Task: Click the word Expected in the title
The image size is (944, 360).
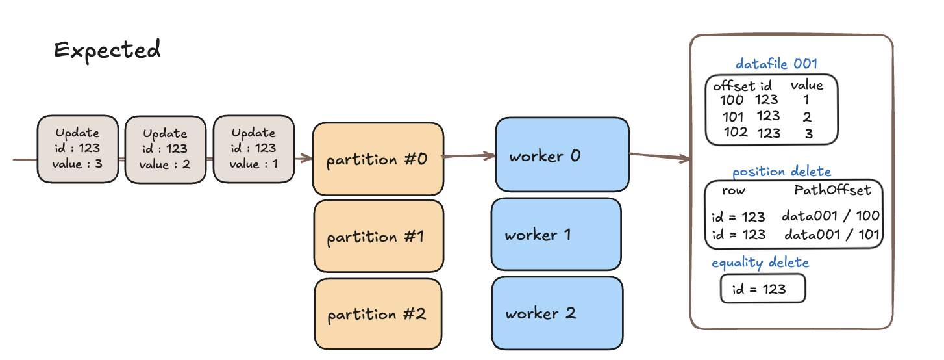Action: coord(108,50)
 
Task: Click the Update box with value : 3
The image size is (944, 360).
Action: coord(77,149)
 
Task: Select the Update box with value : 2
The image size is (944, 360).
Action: coord(165,149)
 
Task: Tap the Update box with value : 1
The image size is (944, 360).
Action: coord(254,149)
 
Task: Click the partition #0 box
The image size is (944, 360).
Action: coord(378,159)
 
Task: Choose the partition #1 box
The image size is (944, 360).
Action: coord(379,236)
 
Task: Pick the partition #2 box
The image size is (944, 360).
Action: coord(378,314)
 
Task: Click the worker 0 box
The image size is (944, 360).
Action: coord(562,155)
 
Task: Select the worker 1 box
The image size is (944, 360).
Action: coord(556,234)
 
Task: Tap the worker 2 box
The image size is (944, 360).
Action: coord(557,313)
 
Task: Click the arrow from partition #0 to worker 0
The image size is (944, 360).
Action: coord(469,156)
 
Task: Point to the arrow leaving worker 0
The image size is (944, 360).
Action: coord(660,157)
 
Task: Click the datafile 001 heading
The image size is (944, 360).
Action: coord(776,64)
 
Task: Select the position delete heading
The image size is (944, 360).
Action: coord(781,172)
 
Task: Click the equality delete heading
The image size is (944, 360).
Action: coord(760,263)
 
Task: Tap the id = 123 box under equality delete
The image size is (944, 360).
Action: coord(763,289)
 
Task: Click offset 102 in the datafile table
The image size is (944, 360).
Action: coord(736,133)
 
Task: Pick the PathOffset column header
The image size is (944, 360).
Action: coord(832,190)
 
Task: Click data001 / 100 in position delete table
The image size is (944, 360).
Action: coord(830,216)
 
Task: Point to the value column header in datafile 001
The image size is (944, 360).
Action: coord(806,85)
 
